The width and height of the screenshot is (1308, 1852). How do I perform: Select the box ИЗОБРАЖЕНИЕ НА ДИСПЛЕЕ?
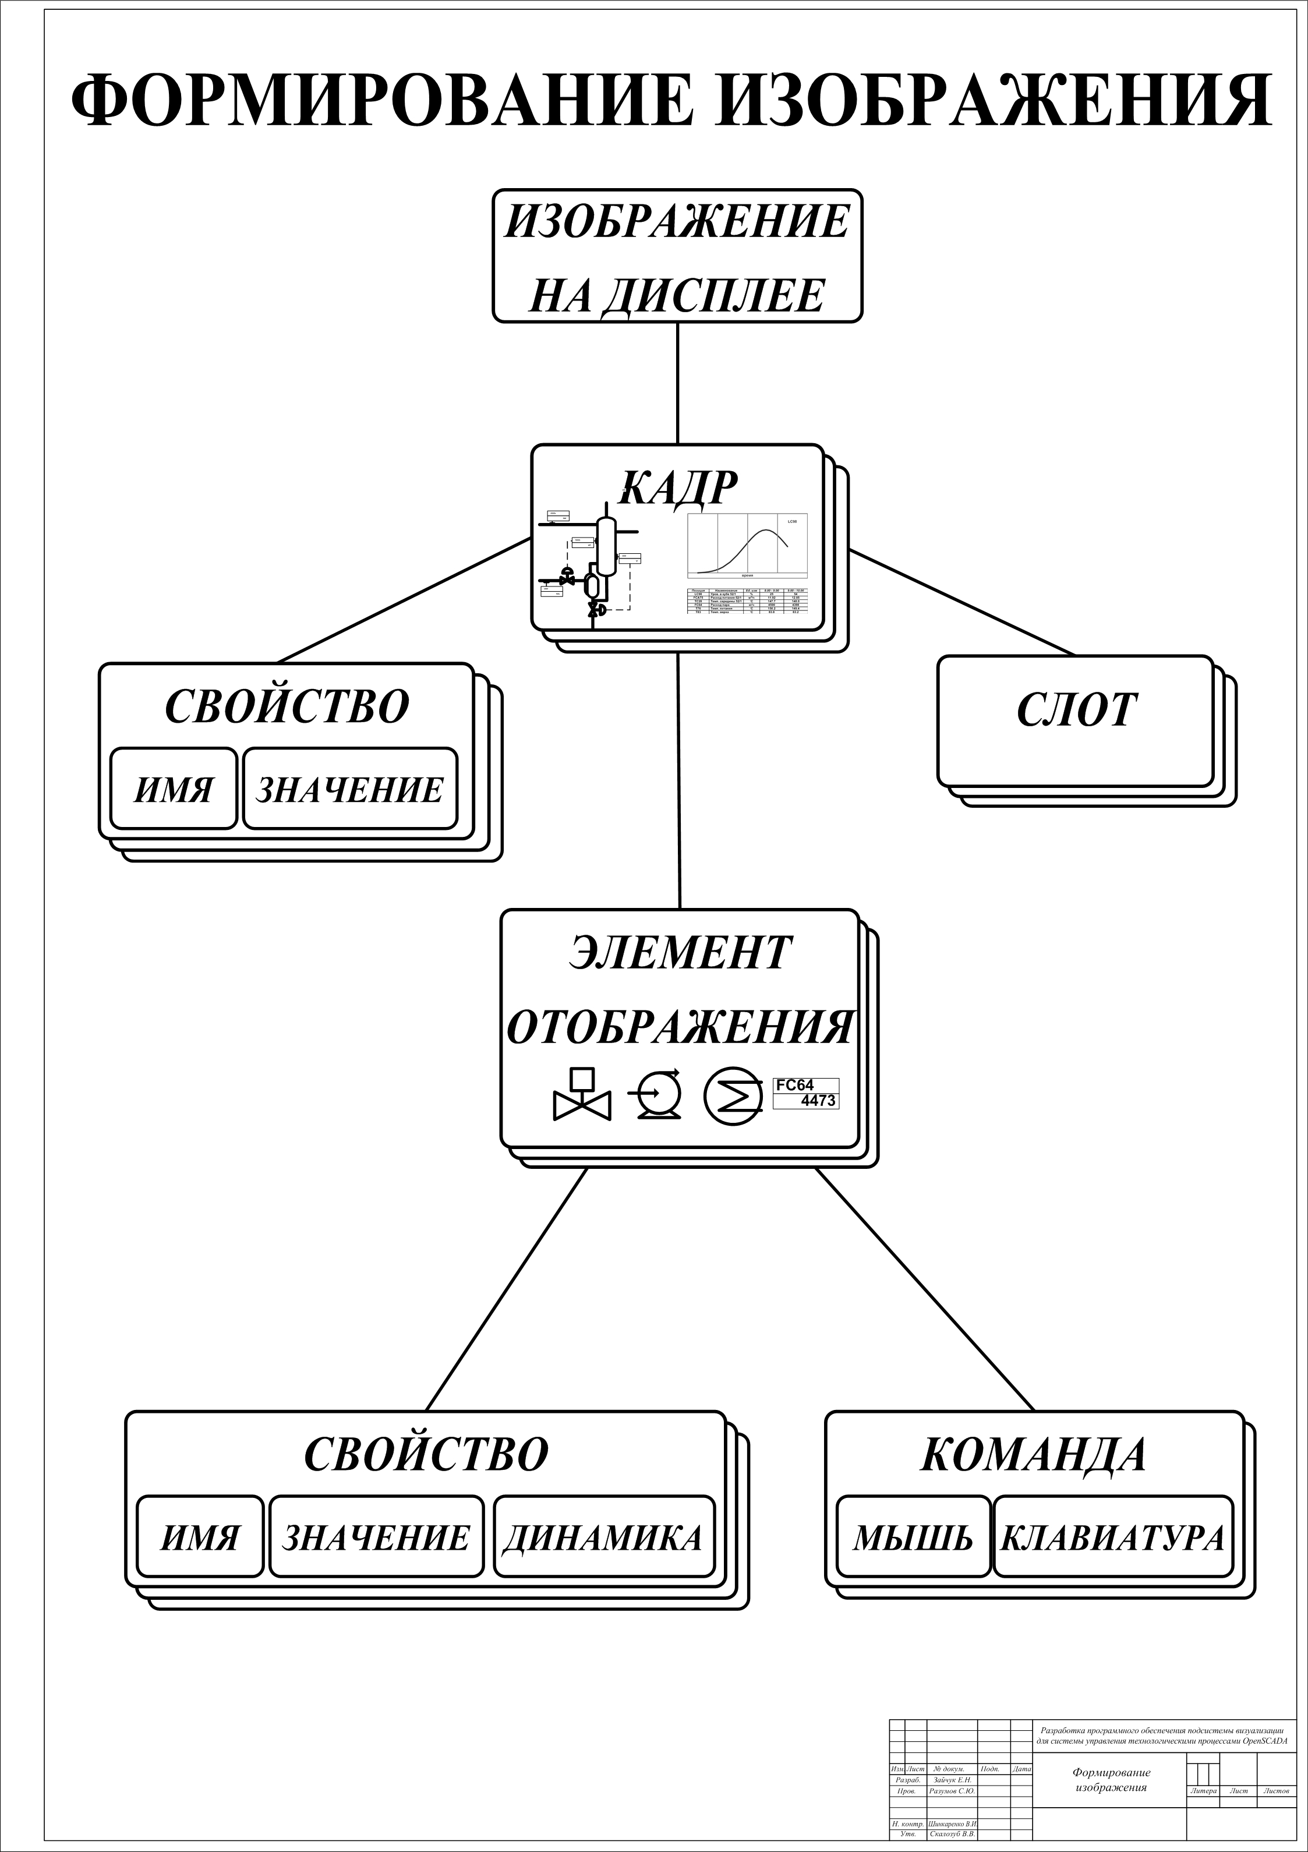pos(677,256)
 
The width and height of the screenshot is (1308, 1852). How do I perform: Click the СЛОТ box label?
pos(1076,711)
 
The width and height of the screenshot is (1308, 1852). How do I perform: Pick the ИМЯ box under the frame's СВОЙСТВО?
pos(174,789)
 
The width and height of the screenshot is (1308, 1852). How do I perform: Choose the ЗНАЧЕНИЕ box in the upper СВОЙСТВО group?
pos(350,789)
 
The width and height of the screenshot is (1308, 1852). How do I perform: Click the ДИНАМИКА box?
pos(603,1538)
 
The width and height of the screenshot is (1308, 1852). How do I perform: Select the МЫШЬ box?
pos(913,1538)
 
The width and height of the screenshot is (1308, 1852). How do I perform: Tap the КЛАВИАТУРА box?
pos(1113,1538)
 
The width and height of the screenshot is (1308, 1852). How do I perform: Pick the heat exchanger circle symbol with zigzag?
pos(732,1096)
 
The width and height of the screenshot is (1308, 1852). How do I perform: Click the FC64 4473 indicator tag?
pos(805,1093)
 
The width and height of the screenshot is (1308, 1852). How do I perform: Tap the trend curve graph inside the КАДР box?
pos(747,546)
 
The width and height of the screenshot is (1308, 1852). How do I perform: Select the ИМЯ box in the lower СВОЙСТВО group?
pos(200,1538)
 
